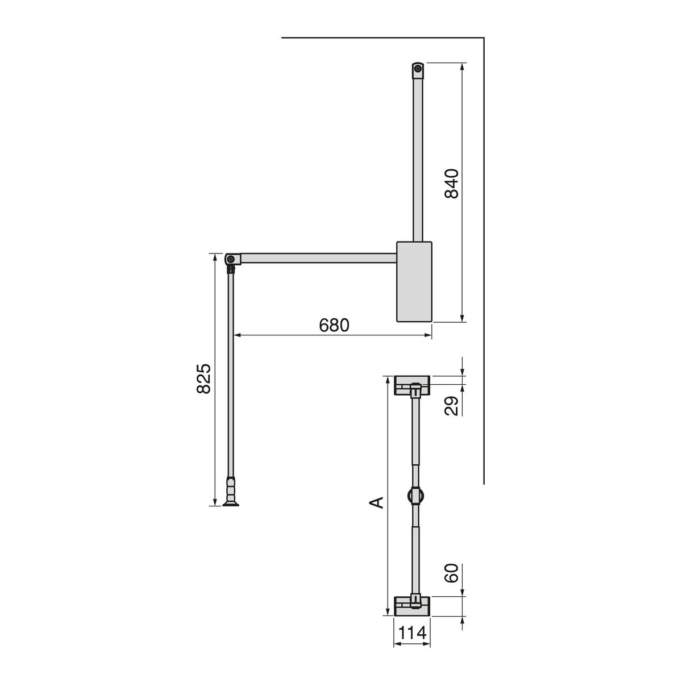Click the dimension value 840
(452, 184)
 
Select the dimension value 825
(203, 379)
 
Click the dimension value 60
(452, 574)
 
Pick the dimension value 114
(412, 633)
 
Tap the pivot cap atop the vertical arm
(418, 70)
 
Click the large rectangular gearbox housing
(414, 281)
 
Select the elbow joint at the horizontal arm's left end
(232, 260)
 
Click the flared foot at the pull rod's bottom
(232, 501)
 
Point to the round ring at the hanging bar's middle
(415, 495)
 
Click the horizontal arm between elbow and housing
(318, 259)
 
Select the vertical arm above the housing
(418, 159)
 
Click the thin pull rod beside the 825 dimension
(232, 375)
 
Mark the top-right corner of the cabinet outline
(484, 38)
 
